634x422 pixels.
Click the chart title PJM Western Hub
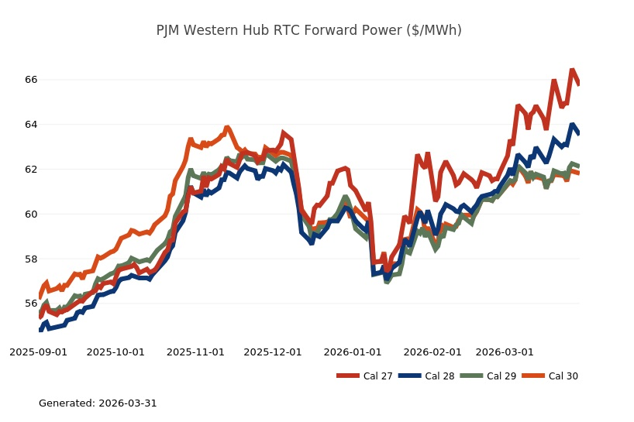tap(308, 30)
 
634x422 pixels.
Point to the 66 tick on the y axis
tap(31, 80)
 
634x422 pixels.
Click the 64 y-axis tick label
tap(31, 125)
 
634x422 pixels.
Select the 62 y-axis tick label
tap(31, 170)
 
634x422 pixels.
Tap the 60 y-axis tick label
tap(31, 214)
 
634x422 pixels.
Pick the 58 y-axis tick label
tap(31, 259)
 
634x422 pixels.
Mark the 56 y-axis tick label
tap(31, 304)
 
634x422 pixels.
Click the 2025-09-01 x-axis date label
tap(38, 352)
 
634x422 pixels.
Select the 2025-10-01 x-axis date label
tap(115, 352)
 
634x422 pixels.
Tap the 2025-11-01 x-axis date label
tap(195, 352)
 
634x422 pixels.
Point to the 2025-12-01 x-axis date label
tap(273, 352)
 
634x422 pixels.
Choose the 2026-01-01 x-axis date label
tap(353, 352)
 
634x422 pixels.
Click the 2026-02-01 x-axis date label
tap(432, 352)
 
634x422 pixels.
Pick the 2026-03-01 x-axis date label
tap(505, 352)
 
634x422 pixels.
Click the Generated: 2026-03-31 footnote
tap(98, 403)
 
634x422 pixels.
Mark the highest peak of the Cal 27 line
tap(572, 70)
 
